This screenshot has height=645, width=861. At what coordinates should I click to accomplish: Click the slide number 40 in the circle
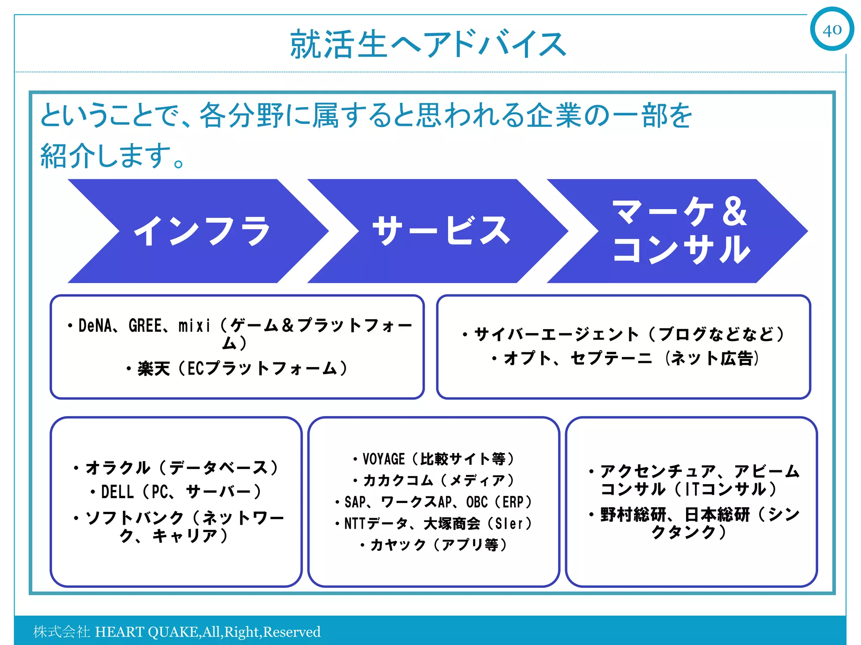(832, 30)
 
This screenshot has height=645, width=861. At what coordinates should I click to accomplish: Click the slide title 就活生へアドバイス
(428, 44)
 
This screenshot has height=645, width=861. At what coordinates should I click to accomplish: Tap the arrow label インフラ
(202, 231)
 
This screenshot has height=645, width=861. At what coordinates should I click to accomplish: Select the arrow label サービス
(441, 231)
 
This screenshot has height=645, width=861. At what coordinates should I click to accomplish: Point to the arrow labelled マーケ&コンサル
(681, 231)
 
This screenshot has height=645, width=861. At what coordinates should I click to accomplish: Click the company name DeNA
(95, 326)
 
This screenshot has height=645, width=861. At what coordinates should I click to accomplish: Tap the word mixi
(194, 326)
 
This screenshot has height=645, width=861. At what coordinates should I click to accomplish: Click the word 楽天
(153, 369)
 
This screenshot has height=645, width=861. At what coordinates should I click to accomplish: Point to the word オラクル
(118, 468)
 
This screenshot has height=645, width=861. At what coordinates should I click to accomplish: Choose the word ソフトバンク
(135, 518)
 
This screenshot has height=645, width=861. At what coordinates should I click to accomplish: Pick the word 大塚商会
(452, 524)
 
